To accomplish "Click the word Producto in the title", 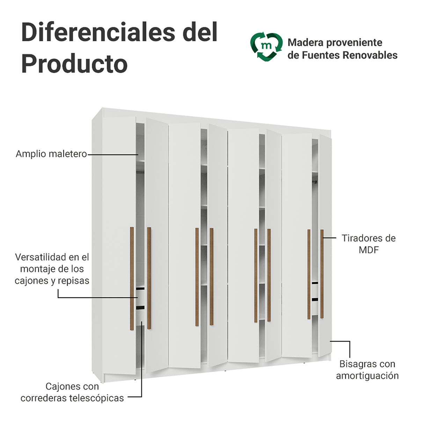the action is [x=74, y=64].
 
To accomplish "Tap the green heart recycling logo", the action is [x=266, y=46].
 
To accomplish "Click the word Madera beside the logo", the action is [x=306, y=43].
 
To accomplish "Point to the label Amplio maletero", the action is [x=51, y=154].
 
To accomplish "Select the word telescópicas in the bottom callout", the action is [x=96, y=398].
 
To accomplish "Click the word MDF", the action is [x=369, y=250].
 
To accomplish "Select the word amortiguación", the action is [x=367, y=376].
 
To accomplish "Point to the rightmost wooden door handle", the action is [x=322, y=274].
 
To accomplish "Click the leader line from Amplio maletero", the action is [x=113, y=155].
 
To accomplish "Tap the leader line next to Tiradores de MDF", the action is [x=330, y=238].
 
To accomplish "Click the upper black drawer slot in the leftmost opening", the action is [x=140, y=288].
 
